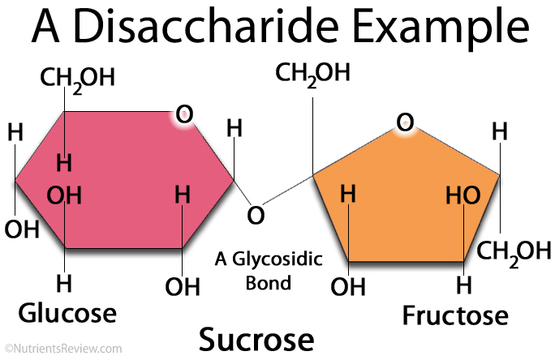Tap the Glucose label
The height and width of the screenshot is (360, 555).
(69, 313)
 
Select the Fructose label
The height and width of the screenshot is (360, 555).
(455, 315)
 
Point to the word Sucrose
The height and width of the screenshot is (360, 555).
(256, 337)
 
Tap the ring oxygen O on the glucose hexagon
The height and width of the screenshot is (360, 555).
(184, 115)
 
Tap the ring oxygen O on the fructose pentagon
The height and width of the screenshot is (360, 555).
(405, 122)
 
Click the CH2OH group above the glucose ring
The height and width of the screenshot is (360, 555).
(78, 79)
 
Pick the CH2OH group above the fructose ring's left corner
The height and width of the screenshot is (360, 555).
(313, 73)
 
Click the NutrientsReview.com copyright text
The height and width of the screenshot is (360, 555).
(62, 349)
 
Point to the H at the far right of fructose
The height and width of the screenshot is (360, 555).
(500, 131)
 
